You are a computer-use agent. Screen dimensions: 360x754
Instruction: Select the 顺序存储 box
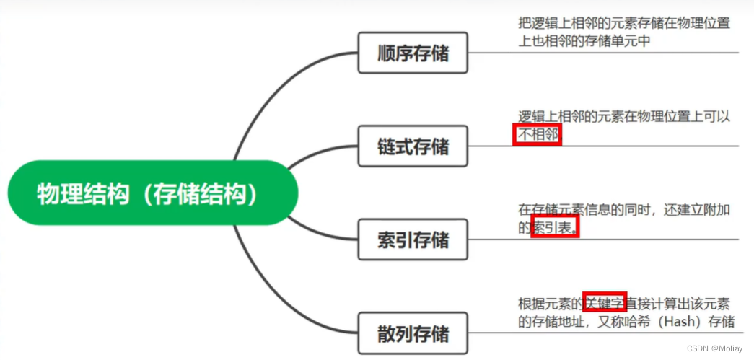click(x=413, y=53)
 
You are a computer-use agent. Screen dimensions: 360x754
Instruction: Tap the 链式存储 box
click(x=413, y=146)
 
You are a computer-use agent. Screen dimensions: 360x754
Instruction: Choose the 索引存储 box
click(x=413, y=240)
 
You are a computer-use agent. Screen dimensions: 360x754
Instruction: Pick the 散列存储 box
click(x=413, y=333)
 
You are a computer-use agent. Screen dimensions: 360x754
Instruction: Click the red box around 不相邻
click(x=537, y=134)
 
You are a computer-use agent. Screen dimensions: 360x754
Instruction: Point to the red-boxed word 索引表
click(x=555, y=227)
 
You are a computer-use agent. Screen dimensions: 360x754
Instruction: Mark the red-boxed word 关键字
click(x=604, y=302)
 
